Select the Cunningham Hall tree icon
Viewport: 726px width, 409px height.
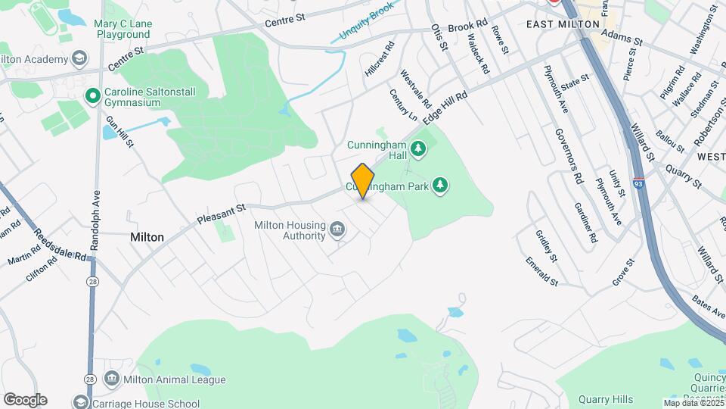coord(417,150)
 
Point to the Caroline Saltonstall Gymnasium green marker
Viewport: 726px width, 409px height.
coord(92,95)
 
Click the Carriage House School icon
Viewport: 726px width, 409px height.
coord(82,401)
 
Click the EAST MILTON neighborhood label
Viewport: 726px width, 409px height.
coord(563,24)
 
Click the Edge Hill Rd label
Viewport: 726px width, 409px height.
coord(445,109)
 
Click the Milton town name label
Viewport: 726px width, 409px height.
coord(147,237)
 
